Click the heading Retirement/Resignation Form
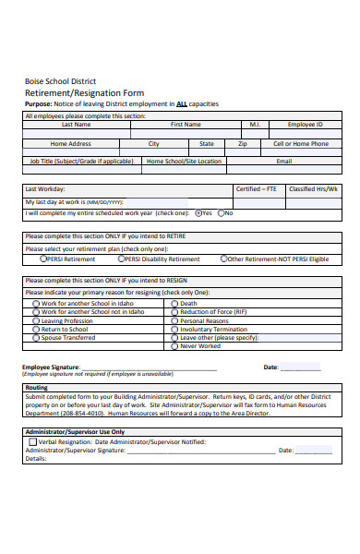coord(83,93)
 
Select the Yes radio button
coord(198,212)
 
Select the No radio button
coord(220,212)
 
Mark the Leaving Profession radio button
coord(36,320)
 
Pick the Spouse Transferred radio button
coord(36,338)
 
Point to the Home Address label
coord(70,144)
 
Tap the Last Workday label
coord(43,188)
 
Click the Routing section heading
coord(37,388)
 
